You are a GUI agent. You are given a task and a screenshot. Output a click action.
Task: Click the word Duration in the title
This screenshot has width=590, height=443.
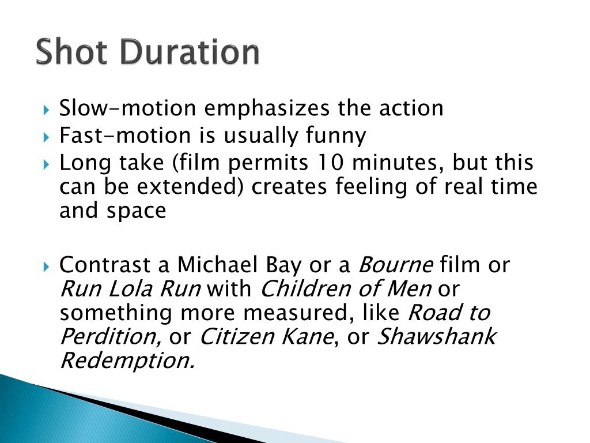[x=190, y=52]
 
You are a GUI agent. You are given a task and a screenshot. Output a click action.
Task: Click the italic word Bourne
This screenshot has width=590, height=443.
[x=395, y=265]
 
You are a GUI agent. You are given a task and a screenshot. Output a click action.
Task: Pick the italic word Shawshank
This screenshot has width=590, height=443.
[x=436, y=336]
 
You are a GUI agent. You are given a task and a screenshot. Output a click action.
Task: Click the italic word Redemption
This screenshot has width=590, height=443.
[x=127, y=361]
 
